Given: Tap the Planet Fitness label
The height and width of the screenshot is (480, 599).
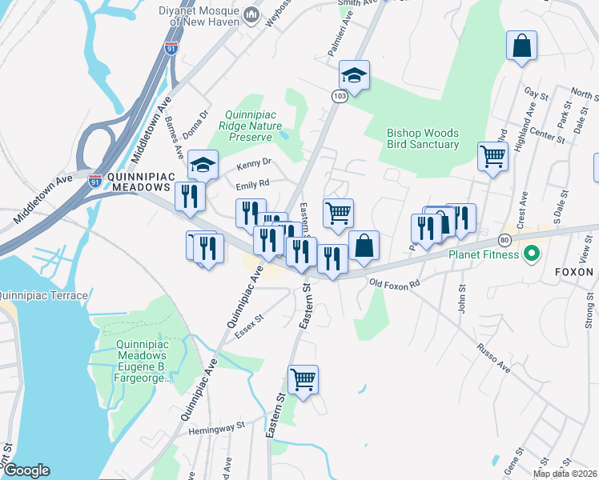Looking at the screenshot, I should click(484, 255).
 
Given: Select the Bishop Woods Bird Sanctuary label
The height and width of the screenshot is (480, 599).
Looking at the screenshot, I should click(423, 138).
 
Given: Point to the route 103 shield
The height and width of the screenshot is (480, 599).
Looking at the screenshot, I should click(339, 96).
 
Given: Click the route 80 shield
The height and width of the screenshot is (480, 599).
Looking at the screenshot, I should click(504, 240).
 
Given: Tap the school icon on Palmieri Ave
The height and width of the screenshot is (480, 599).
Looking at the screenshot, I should click(354, 77).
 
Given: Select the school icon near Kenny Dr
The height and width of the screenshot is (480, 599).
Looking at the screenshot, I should click(203, 166).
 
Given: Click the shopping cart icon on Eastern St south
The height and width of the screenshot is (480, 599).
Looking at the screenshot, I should click(303, 379).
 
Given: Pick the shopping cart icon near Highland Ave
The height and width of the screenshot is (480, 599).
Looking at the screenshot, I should click(492, 156).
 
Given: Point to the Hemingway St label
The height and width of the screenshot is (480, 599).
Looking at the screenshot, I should click(215, 429).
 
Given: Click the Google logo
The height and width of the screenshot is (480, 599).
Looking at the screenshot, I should click(26, 470).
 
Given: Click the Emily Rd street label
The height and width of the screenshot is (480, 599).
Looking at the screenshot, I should click(251, 184).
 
